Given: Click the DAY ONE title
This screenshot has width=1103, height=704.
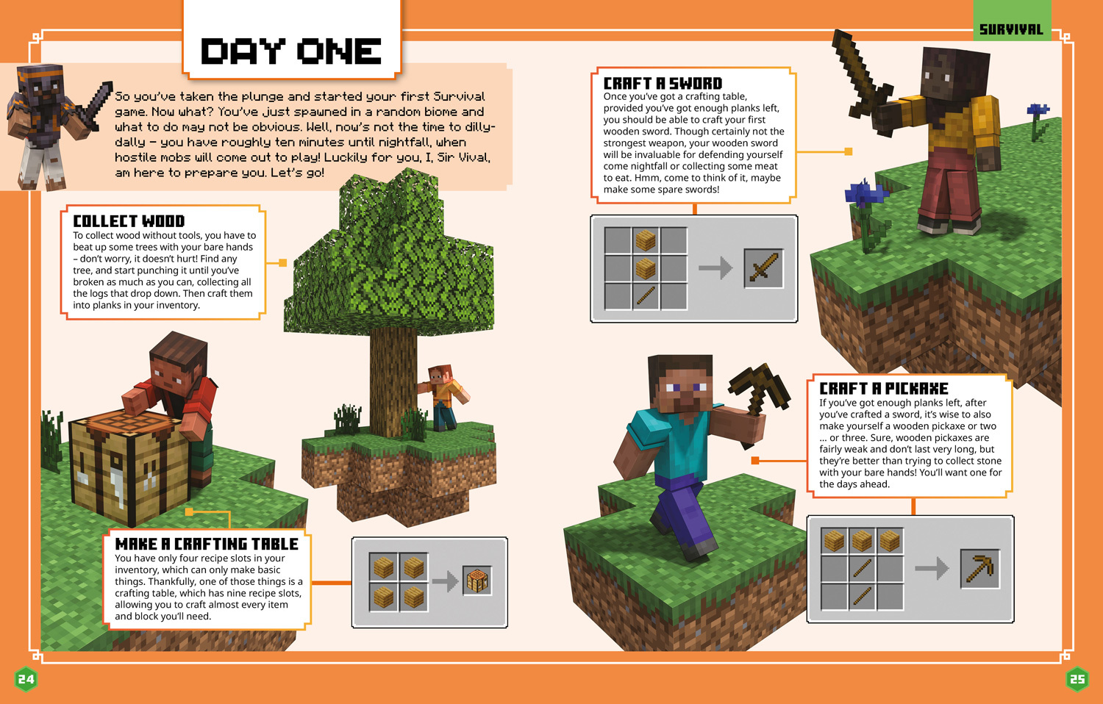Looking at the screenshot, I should pyautogui.click(x=291, y=51).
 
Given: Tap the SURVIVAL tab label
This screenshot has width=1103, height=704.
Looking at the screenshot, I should pyautogui.click(x=1011, y=29).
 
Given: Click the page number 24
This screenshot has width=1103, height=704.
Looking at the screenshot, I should pyautogui.click(x=26, y=679).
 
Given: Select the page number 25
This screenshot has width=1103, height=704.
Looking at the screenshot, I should pyautogui.click(x=1077, y=679).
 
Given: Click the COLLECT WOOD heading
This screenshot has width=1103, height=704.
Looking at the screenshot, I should pyautogui.click(x=129, y=221).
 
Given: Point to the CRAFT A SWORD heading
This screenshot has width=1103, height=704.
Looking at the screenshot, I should pyautogui.click(x=663, y=83).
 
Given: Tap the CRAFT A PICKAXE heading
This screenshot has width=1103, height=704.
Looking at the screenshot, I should pyautogui.click(x=884, y=389).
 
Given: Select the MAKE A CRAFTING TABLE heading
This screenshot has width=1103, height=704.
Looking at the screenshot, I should pyautogui.click(x=207, y=544).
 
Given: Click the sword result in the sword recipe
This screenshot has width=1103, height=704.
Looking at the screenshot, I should pyautogui.click(x=763, y=268).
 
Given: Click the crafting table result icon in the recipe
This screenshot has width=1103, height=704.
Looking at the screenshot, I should pyautogui.click(x=476, y=581).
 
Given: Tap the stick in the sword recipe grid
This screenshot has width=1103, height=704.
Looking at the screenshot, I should pyautogui.click(x=646, y=296).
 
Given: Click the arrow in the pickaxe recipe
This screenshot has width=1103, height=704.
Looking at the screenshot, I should pyautogui.click(x=932, y=568).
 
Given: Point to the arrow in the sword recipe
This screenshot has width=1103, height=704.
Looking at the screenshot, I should pyautogui.click(x=715, y=268).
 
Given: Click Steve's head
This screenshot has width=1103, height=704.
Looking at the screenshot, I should pyautogui.click(x=681, y=384).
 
